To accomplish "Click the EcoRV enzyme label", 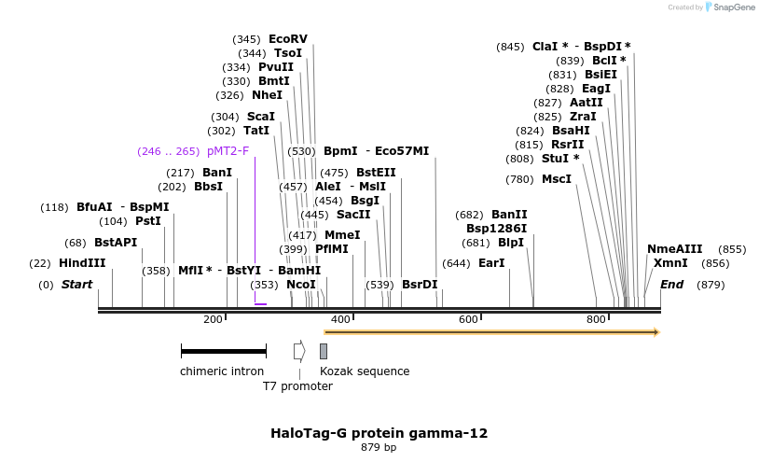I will (x=287, y=39).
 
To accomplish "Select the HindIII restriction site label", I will (x=82, y=263).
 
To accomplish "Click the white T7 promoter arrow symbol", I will (x=299, y=351).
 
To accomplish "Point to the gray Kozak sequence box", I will (x=324, y=351).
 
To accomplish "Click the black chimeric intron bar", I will (x=224, y=351).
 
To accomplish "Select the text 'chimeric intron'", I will (x=222, y=371).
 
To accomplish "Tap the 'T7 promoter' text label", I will (x=297, y=386).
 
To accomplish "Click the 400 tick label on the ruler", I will (x=340, y=320).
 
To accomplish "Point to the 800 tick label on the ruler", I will (x=596, y=320).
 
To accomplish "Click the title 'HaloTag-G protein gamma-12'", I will (x=379, y=433).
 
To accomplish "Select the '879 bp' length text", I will (x=379, y=448).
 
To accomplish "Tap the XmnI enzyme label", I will (x=669, y=263).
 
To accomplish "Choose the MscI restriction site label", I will (x=557, y=179).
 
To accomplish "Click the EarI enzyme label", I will (x=490, y=263).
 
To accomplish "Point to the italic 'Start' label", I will (x=76, y=284).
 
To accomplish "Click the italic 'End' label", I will (x=671, y=284).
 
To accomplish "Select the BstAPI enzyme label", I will (x=116, y=243).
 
